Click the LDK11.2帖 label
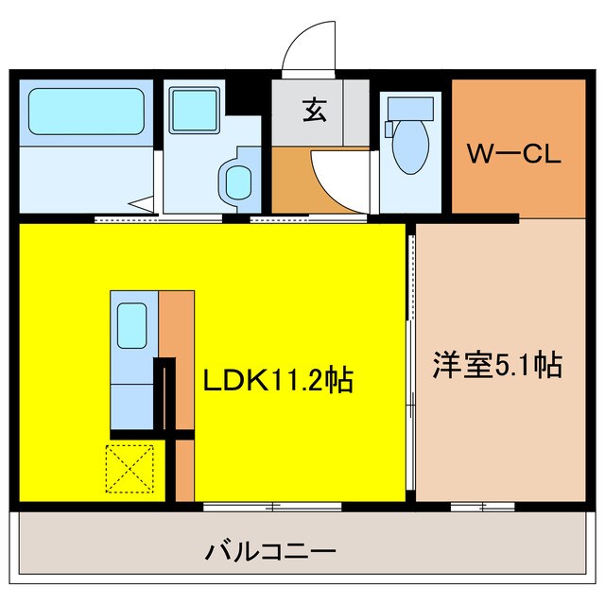[279, 381]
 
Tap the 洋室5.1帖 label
[497, 364]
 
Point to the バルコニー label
[270, 551]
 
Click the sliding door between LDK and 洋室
[412, 359]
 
